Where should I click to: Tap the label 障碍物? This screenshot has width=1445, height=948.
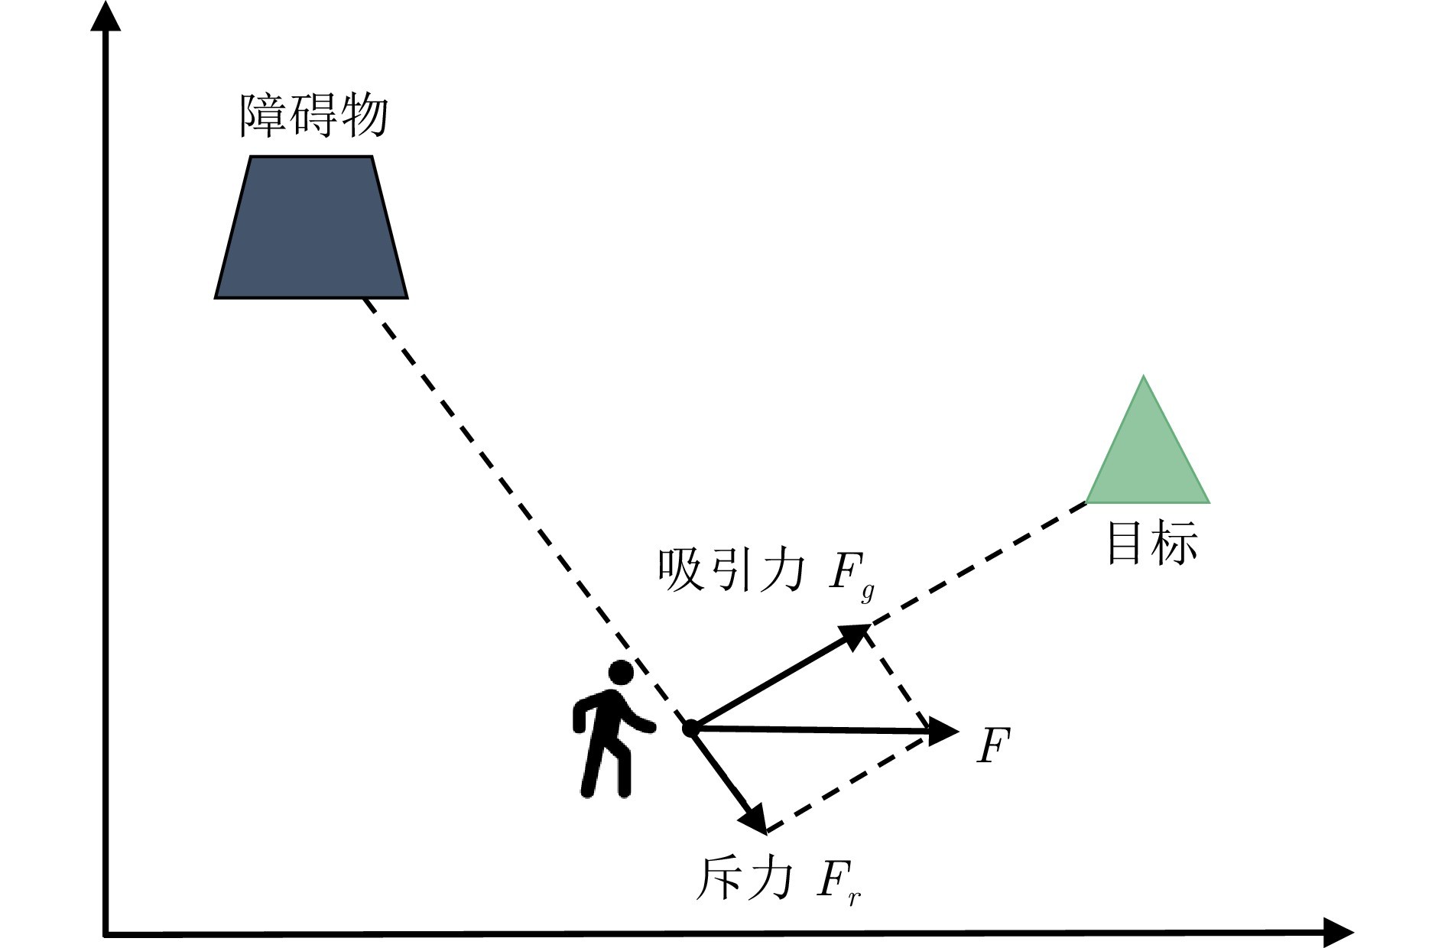314,116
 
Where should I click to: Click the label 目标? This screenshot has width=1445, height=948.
1151,544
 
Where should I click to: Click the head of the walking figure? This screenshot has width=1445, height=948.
620,673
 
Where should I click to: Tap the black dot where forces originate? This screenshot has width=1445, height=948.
690,729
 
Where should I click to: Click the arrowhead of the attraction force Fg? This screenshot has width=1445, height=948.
856,635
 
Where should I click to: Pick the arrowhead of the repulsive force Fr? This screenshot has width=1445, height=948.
755,820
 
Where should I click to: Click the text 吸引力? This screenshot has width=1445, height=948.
731,571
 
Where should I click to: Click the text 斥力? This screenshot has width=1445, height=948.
742,879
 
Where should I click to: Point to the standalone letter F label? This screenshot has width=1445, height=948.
994,745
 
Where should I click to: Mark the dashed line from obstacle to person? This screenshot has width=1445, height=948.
520,505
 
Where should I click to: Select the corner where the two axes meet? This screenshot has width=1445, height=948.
106,933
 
